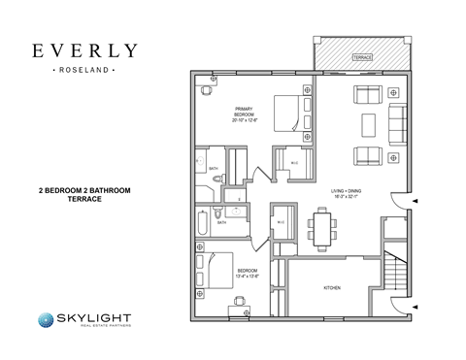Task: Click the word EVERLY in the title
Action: pyautogui.click(x=83, y=50)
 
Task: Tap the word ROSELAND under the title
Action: pyautogui.click(x=83, y=71)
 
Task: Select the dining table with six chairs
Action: pyautogui.click(x=322, y=230)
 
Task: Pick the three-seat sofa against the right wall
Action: pyautogui.click(x=396, y=124)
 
